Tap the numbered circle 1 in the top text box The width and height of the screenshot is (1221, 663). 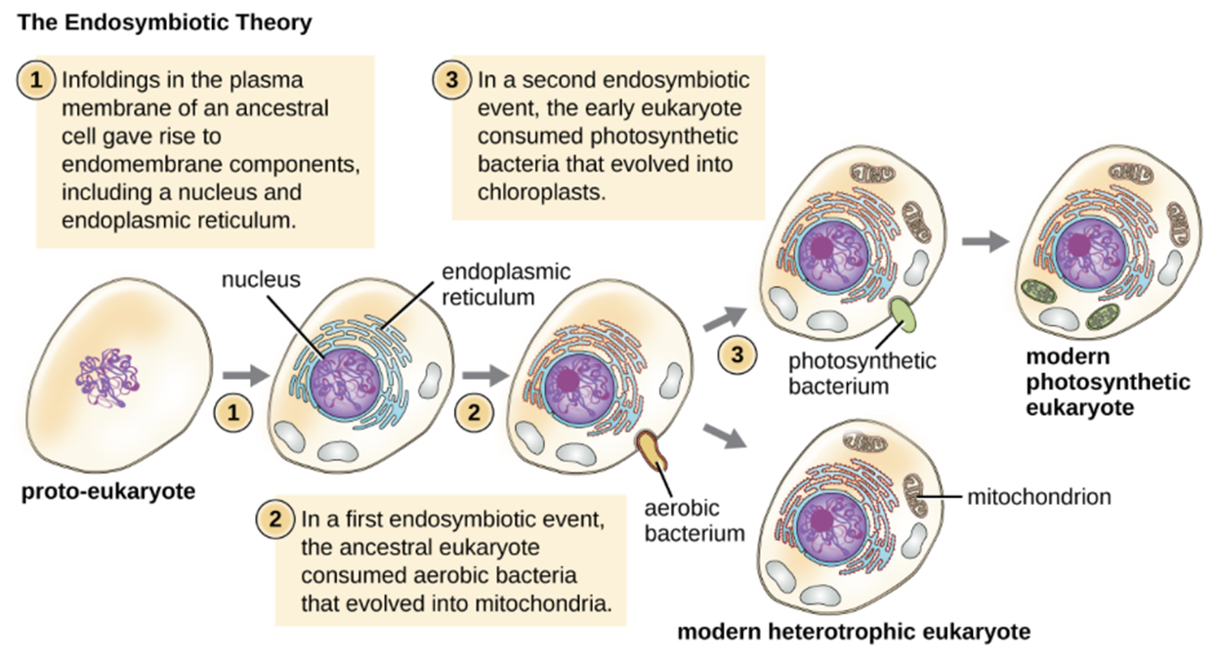(37, 81)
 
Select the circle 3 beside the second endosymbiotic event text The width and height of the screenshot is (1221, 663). (452, 81)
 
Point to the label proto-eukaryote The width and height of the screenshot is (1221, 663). (108, 490)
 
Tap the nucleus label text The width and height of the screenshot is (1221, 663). (261, 280)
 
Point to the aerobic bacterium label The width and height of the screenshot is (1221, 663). (695, 520)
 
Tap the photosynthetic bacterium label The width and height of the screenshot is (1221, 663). (863, 373)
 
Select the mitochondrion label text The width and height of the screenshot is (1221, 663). (1039, 497)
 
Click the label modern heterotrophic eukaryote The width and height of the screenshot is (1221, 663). (854, 632)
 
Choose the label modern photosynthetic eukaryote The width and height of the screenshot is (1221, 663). (1108, 382)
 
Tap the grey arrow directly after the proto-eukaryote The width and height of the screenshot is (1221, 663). (239, 373)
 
